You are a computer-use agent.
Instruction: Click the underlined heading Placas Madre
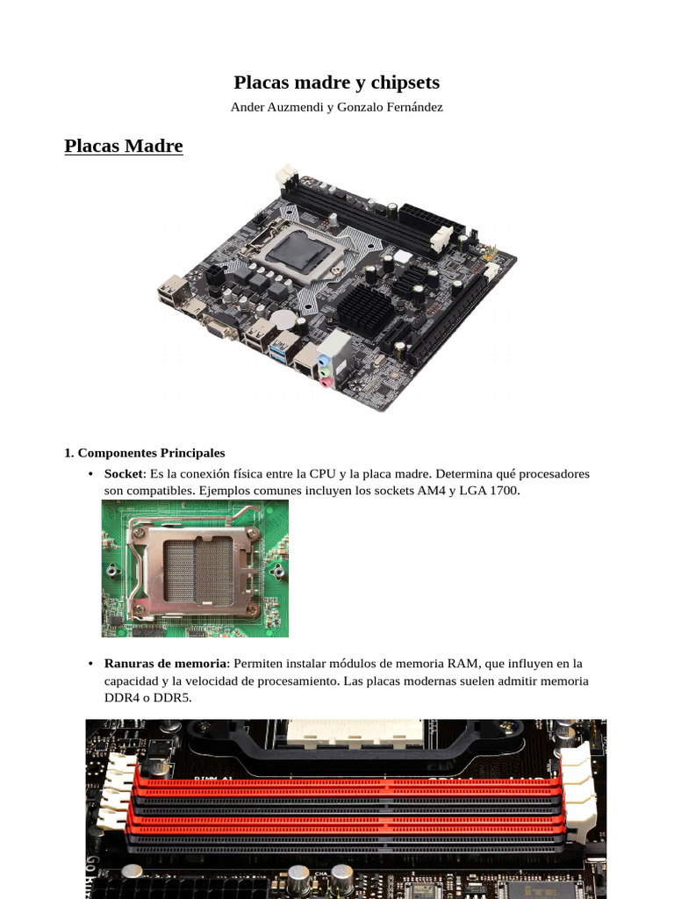coord(124,146)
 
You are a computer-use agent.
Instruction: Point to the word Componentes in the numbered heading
coord(117,453)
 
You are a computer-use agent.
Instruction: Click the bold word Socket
coord(123,474)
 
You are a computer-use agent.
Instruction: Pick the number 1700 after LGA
coord(505,491)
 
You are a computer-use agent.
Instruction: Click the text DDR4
coord(121,698)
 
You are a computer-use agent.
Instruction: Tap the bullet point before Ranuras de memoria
coord(92,665)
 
